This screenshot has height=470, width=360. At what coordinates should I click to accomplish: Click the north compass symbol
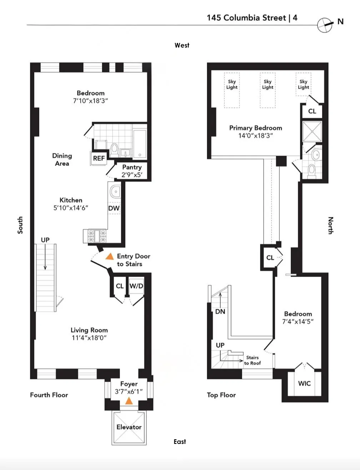(x=325, y=25)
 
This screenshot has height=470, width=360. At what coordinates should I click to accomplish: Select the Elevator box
(x=129, y=427)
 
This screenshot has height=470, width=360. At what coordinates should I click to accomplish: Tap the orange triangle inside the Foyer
(x=129, y=401)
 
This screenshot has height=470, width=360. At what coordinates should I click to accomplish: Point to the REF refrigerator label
(x=99, y=158)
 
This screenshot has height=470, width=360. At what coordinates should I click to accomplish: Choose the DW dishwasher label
(x=114, y=208)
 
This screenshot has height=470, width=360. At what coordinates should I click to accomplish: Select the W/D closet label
(x=136, y=286)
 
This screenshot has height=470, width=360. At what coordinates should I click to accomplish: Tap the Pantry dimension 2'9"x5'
(x=132, y=175)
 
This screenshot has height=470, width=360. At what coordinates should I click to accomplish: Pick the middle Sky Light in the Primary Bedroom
(x=267, y=90)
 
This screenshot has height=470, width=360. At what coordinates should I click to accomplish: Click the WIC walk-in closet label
(x=304, y=384)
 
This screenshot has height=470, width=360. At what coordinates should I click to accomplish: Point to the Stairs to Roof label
(x=252, y=360)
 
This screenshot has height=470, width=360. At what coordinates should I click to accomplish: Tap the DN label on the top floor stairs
(x=220, y=312)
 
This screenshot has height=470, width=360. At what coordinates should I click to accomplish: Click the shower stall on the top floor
(x=312, y=132)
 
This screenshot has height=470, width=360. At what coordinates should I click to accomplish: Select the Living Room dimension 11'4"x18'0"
(x=89, y=338)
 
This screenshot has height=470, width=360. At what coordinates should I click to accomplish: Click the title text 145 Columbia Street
(x=246, y=18)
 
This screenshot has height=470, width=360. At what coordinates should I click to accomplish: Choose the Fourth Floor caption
(x=49, y=395)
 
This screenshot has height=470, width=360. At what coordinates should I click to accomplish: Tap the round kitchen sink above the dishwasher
(x=115, y=192)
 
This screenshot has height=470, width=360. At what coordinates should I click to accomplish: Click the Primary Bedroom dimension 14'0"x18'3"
(x=255, y=136)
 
